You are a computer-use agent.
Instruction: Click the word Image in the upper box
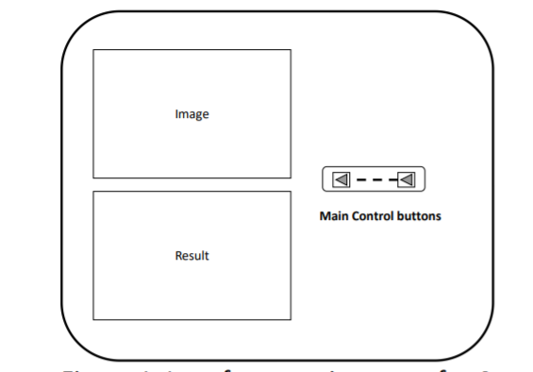click(192, 114)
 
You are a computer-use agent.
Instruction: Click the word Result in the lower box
click(192, 256)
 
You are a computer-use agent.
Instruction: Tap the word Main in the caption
click(334, 216)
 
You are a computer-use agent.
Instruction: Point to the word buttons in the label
click(420, 216)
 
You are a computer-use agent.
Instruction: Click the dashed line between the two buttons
click(375, 178)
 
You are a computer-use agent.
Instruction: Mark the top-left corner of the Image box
click(93, 50)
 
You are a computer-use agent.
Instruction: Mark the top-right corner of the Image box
click(291, 50)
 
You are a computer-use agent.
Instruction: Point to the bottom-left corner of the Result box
click(93, 319)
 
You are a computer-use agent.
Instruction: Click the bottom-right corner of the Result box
click(291, 319)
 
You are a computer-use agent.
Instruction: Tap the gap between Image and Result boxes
click(192, 184)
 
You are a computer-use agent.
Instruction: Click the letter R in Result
click(178, 256)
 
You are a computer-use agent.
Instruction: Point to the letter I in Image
click(176, 114)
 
